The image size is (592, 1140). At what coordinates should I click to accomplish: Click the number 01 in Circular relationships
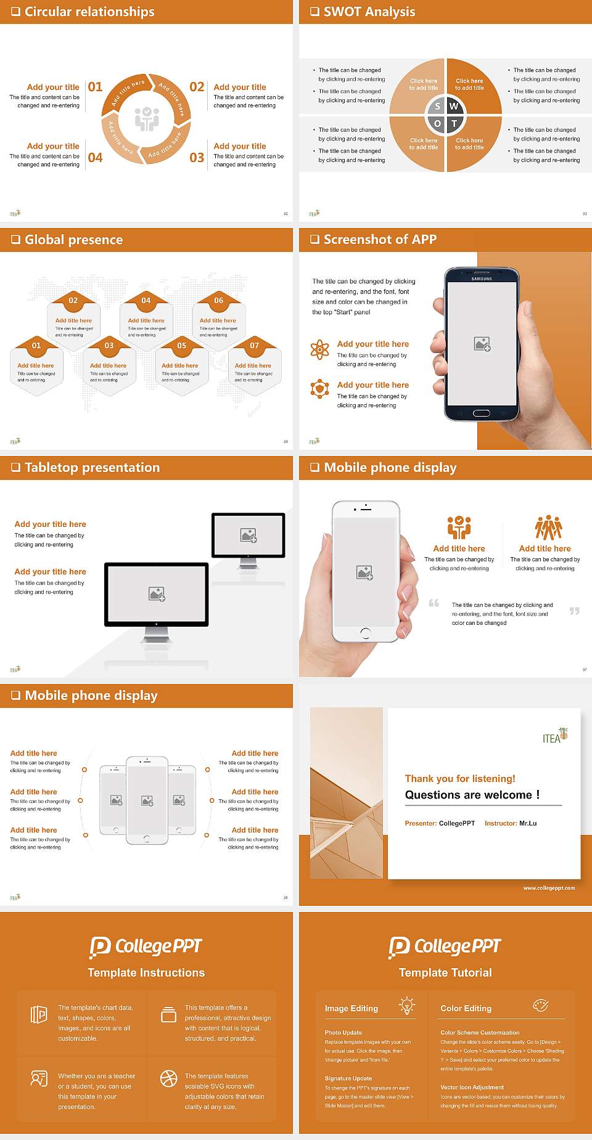coord(95,87)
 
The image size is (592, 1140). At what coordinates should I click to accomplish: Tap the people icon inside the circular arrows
coord(147,118)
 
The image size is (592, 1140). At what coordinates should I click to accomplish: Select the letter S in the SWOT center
coord(438,107)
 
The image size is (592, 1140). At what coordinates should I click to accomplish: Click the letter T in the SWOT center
coord(454,123)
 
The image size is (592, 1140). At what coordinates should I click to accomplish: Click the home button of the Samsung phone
coord(481,413)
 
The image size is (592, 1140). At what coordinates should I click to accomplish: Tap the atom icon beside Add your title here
coord(319,349)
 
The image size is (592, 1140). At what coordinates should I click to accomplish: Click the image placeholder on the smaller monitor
coord(249,535)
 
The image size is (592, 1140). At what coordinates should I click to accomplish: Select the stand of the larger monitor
coord(156,635)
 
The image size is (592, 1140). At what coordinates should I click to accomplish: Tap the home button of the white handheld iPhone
coord(365,632)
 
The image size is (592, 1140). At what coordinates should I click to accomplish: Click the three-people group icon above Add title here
coord(548,528)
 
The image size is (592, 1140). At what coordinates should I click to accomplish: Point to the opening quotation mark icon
coord(434,603)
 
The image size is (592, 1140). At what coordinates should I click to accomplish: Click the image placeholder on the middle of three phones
coord(147,800)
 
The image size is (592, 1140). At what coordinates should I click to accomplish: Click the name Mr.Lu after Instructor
coord(528,823)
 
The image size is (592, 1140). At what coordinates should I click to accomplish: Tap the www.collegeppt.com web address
coord(549,888)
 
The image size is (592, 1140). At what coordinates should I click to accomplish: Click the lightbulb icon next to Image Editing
coord(406,1005)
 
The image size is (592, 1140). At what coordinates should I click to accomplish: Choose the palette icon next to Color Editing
coord(540,1005)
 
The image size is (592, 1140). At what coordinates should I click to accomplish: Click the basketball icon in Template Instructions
coord(168,1078)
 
